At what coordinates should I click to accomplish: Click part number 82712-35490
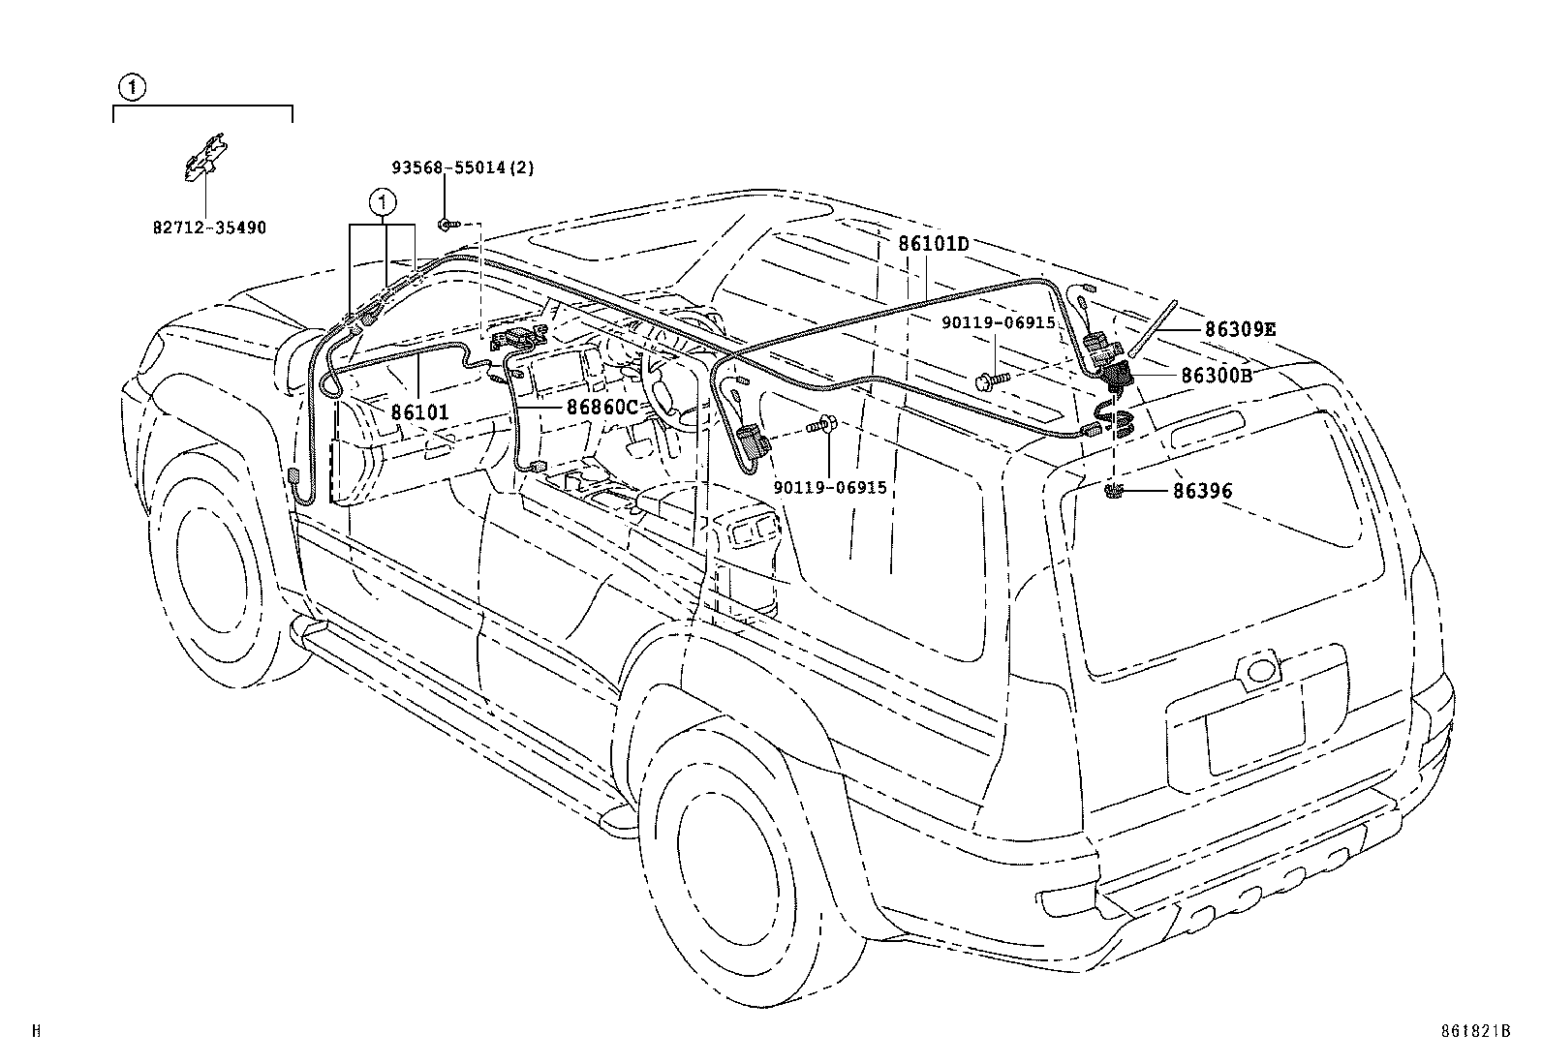[x=208, y=228]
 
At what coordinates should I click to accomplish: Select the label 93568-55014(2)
[x=462, y=167]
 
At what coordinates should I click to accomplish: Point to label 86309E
[x=1240, y=329]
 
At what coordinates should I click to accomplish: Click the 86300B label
[x=1216, y=375]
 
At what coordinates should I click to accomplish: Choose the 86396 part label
[x=1202, y=491]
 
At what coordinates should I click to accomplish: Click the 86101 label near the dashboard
[x=420, y=412]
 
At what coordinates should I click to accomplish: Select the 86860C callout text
[x=601, y=408]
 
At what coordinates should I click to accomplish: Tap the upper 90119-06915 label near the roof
[x=999, y=322]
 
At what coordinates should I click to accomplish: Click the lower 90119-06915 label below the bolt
[x=830, y=488]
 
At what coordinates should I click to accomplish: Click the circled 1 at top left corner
[x=132, y=88]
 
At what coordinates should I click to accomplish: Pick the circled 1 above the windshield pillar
[x=384, y=202]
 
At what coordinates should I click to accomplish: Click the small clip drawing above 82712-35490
[x=205, y=156]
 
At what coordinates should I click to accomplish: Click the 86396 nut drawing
[x=1114, y=493]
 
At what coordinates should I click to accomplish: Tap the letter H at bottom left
[x=36, y=1031]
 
